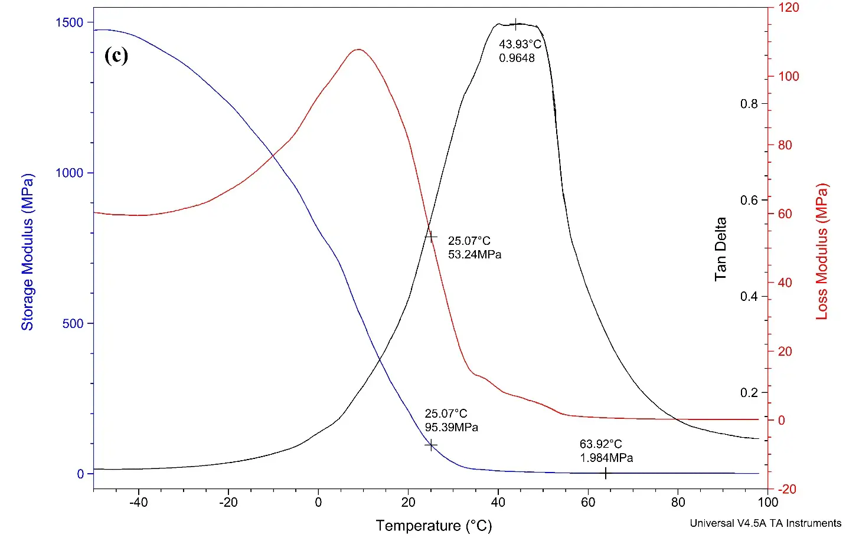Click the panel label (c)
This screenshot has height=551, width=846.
click(116, 55)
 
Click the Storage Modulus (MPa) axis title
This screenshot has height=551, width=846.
click(28, 252)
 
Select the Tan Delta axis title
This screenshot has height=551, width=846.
click(720, 249)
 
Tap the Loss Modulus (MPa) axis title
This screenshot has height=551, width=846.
click(822, 252)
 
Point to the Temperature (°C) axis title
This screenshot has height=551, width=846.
click(433, 526)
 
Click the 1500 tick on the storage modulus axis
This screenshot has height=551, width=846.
click(70, 22)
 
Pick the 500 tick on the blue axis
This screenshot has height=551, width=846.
click(73, 323)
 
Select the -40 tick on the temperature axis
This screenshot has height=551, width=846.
click(138, 503)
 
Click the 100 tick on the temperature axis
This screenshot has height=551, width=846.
click(767, 503)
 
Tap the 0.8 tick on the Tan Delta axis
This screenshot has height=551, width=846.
click(749, 104)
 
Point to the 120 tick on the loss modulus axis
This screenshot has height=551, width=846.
click(789, 8)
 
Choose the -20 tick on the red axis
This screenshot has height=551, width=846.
click(786, 489)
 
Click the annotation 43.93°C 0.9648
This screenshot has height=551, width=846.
click(520, 51)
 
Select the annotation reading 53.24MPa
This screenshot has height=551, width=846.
click(474, 255)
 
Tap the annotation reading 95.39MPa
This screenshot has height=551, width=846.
click(451, 427)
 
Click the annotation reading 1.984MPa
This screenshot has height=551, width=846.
click(606, 458)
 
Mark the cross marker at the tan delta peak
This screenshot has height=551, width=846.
click(517, 25)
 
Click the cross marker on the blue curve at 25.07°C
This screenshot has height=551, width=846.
click(431, 445)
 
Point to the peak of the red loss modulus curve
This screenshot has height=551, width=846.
click(358, 50)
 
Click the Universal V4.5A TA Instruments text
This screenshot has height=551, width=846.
click(765, 523)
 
